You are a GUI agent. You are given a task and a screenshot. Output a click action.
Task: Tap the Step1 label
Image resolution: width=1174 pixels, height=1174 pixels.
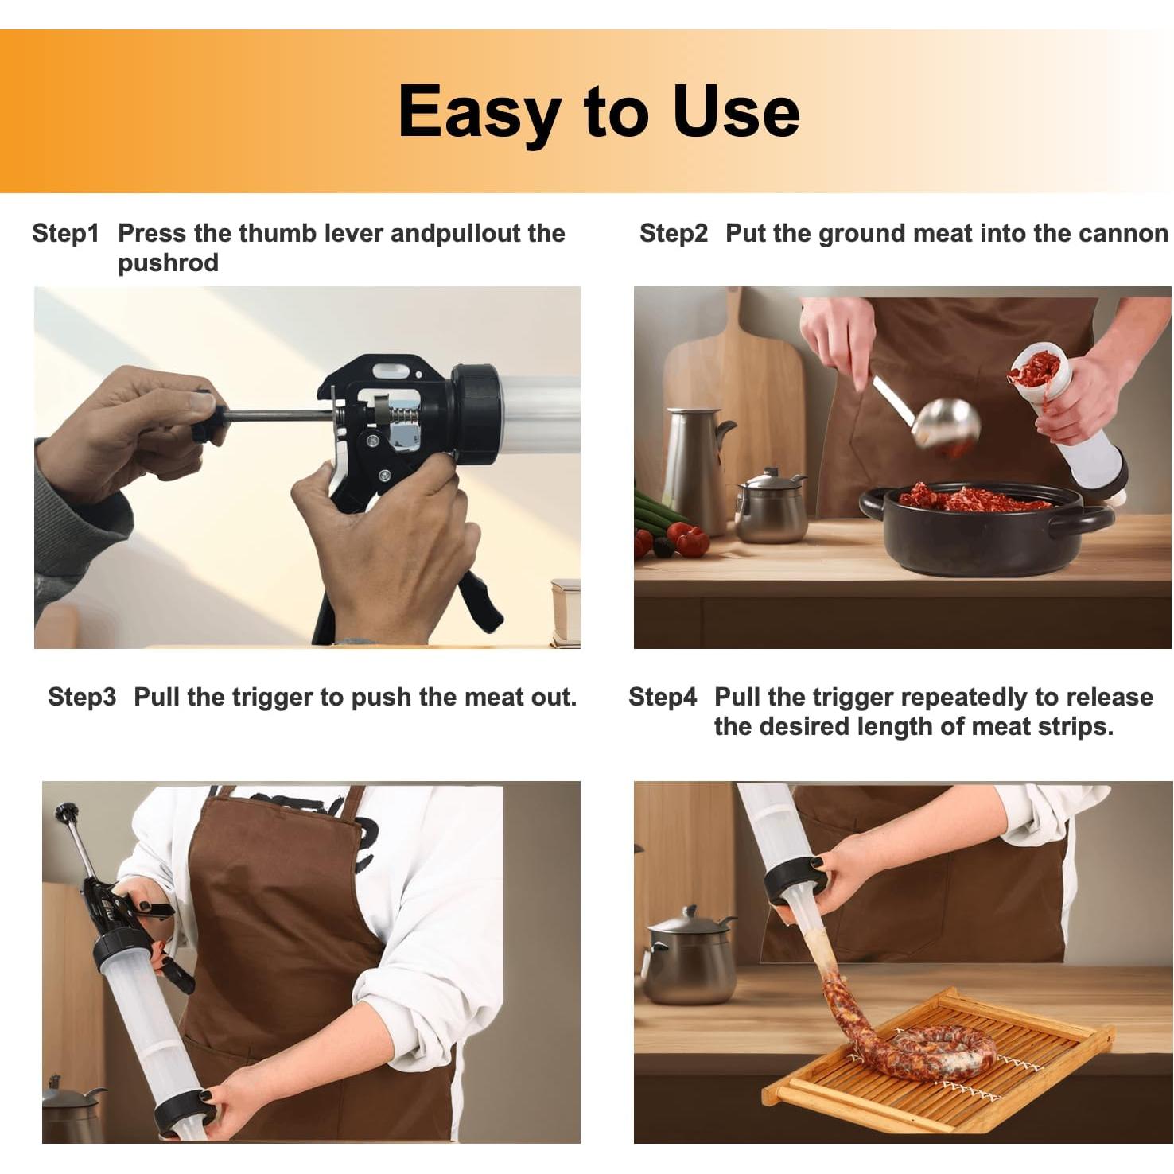click(x=66, y=234)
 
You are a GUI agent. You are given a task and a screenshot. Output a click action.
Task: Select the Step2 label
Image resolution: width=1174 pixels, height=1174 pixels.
click(x=673, y=234)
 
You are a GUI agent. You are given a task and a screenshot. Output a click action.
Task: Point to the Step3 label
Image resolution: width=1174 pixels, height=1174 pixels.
click(x=82, y=698)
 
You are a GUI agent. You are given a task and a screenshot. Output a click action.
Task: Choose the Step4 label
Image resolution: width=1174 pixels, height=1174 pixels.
click(x=663, y=698)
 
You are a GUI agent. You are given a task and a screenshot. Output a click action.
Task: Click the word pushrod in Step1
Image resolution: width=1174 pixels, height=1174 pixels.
click(x=168, y=263)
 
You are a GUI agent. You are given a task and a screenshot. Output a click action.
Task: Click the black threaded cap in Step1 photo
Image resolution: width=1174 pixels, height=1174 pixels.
click(x=476, y=410)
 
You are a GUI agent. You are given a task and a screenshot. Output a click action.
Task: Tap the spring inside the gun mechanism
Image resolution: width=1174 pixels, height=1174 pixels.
click(x=399, y=415)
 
